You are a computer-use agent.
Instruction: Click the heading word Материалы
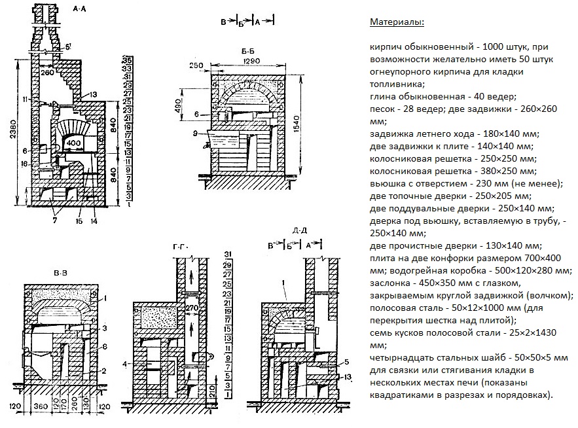tap(397, 22)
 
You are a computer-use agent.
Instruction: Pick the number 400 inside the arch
tap(73, 142)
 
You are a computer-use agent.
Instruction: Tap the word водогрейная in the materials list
tap(420, 270)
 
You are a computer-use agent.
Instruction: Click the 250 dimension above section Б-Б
tap(195, 65)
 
